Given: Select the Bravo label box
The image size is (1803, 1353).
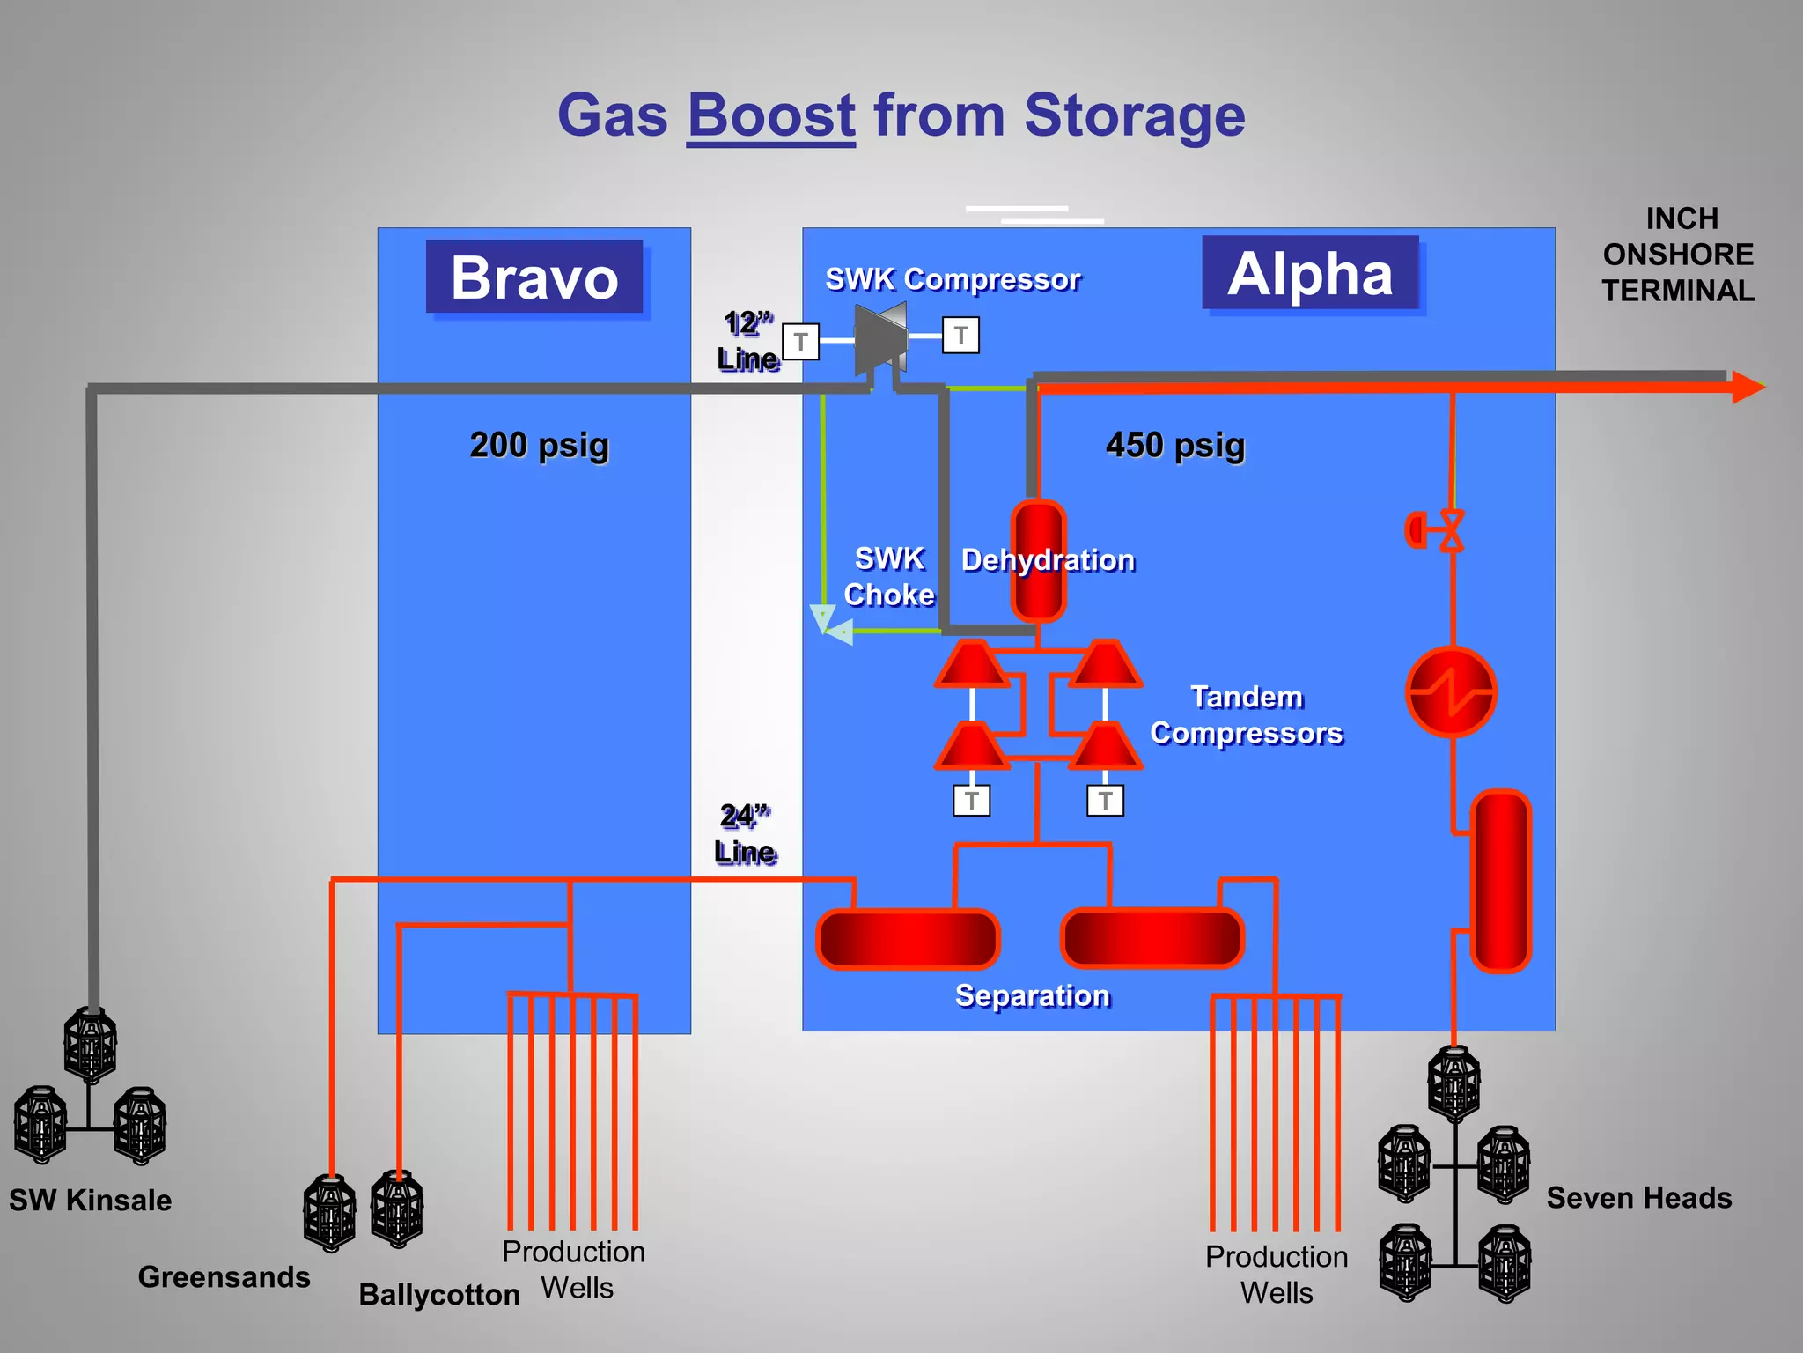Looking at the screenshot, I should (534, 277).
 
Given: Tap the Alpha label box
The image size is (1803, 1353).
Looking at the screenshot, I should (1310, 273).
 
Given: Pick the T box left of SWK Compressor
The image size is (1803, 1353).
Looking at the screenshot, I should (800, 342).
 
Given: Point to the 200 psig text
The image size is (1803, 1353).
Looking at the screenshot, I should (539, 445).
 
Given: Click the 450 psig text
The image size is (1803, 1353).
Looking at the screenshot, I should (1175, 445).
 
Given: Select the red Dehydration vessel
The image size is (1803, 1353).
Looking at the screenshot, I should (1038, 560).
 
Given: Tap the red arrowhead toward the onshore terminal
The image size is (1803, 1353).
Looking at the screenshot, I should (1748, 387).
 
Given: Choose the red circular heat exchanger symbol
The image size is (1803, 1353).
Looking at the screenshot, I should (1451, 691).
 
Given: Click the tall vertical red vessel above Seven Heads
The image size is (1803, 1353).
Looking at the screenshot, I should (1501, 881).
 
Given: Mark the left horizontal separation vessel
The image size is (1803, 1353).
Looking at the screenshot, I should (908, 939).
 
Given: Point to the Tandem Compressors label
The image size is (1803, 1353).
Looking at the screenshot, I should (1246, 715).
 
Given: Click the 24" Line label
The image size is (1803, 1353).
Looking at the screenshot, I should (745, 834).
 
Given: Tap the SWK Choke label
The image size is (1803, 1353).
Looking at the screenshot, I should (889, 577).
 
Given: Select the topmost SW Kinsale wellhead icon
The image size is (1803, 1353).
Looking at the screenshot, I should (91, 1046).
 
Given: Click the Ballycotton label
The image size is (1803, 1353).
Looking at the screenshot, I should (439, 1294).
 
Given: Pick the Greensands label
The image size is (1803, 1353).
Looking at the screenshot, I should (224, 1276).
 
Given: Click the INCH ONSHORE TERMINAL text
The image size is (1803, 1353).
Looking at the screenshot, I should (1678, 255).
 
